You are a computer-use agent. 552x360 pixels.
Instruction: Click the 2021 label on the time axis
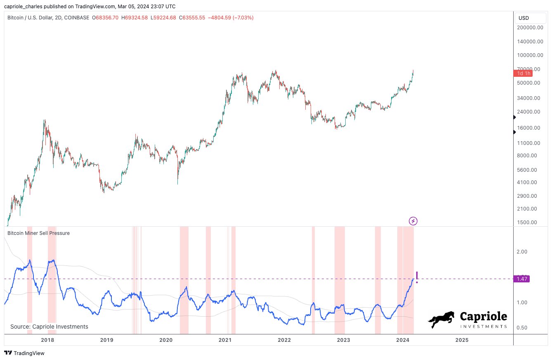pyautogui.click(x=225, y=340)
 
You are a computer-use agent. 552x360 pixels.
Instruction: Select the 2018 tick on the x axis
pyautogui.click(x=48, y=340)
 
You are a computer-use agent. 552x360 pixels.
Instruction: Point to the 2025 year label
pyautogui.click(x=462, y=340)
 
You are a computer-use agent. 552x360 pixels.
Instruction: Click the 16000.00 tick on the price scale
pyautogui.click(x=530, y=128)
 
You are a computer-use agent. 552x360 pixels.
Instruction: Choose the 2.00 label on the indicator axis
pyautogui.click(x=522, y=251)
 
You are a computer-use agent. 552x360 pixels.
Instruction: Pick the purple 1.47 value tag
pyautogui.click(x=521, y=279)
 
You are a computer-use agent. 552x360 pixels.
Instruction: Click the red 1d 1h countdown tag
pyautogui.click(x=522, y=73)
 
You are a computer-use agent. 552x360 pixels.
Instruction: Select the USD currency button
pyautogui.click(x=524, y=18)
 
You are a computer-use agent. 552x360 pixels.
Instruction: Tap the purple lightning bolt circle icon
pyautogui.click(x=413, y=221)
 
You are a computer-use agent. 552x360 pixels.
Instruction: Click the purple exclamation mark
pyautogui.click(x=417, y=277)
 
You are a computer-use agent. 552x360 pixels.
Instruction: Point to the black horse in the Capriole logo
pyautogui.click(x=441, y=320)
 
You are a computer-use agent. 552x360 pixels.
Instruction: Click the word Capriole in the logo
pyautogui.click(x=483, y=317)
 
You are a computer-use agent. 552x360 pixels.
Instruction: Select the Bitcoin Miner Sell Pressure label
pyautogui.click(x=39, y=233)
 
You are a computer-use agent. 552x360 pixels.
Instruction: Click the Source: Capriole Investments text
pyautogui.click(x=49, y=327)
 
